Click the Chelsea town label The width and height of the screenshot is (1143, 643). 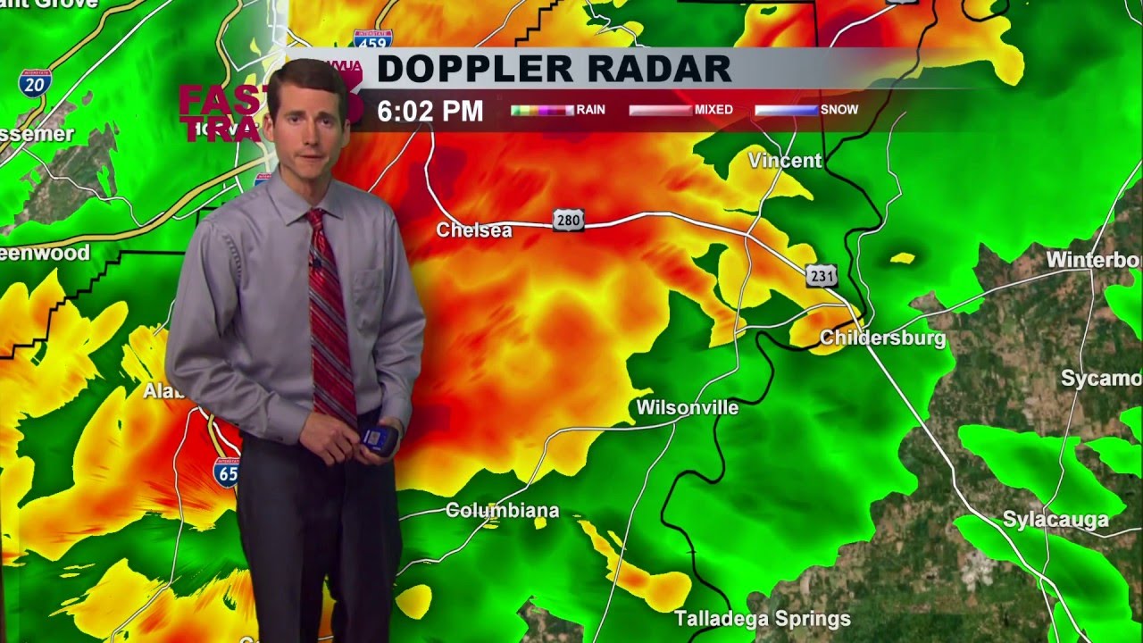[474, 230]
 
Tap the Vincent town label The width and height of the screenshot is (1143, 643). [785, 161]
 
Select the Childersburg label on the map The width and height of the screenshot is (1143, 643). [882, 338]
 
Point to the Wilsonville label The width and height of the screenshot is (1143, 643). [688, 408]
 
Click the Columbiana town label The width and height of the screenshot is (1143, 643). [502, 511]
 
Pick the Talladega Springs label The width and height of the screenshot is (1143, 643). [763, 619]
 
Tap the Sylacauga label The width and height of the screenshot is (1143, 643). [1055, 520]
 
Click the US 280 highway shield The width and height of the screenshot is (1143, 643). [568, 220]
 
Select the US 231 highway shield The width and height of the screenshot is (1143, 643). [822, 276]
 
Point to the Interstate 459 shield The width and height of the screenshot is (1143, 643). [372, 38]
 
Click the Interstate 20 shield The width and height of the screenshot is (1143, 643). [34, 84]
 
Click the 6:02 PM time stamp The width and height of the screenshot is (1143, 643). [430, 112]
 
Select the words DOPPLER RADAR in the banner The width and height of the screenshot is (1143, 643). [554, 69]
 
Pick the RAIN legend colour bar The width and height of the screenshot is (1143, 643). [542, 110]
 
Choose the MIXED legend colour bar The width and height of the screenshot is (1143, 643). [660, 110]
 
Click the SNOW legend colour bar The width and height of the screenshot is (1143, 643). [786, 110]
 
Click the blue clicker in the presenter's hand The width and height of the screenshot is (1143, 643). [379, 439]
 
